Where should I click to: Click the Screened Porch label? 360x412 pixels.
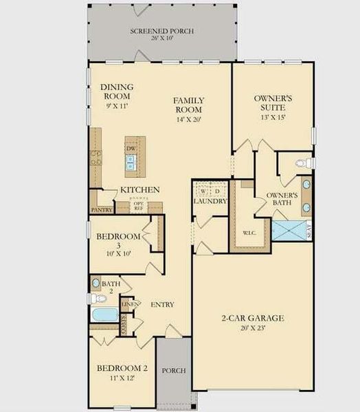pos(162,32)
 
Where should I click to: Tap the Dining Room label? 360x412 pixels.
pos(116,92)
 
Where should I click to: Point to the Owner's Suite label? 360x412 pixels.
pos(273,104)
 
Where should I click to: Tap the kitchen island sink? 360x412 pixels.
pos(130,163)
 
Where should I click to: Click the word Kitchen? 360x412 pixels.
pos(140,190)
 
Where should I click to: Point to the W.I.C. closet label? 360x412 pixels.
pos(249,231)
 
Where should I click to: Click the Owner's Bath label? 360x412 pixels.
pos(282,200)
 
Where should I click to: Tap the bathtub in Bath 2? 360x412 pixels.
pos(105,316)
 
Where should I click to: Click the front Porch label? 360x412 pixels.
pos(174,371)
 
